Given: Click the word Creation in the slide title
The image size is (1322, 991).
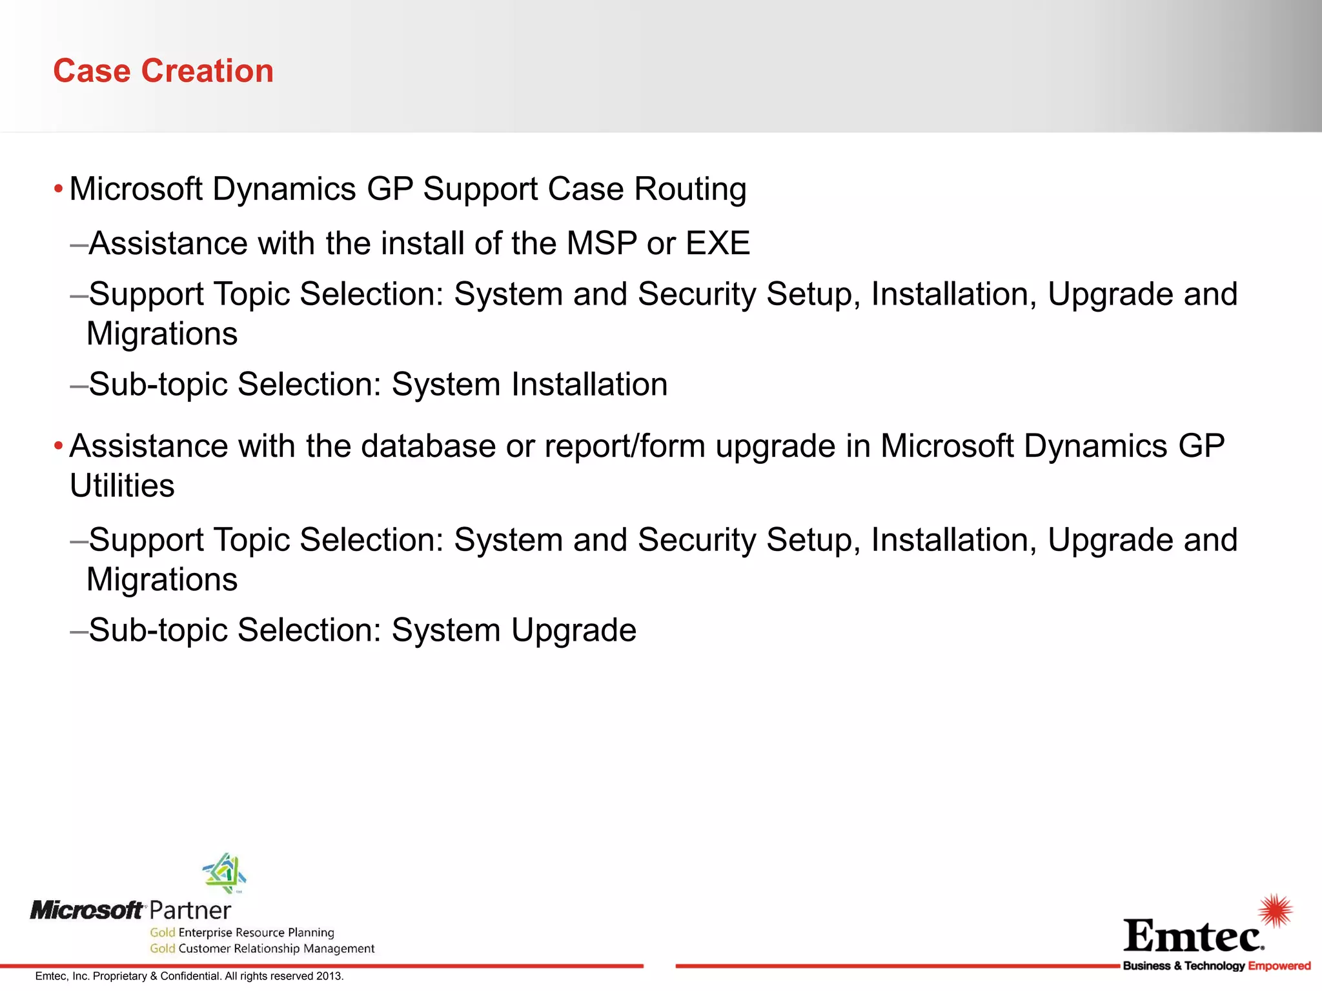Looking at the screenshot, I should click(x=207, y=71).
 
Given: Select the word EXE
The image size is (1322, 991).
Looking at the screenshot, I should click(x=717, y=244).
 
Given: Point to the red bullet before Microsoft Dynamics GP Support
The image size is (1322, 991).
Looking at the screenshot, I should click(x=58, y=190).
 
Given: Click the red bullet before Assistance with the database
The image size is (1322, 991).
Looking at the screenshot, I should click(x=58, y=446).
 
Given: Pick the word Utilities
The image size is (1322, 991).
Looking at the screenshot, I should click(x=122, y=486).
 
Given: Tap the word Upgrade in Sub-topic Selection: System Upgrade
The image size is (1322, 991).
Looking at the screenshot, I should click(x=573, y=630).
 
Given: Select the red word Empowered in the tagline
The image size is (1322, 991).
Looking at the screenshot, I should click(x=1279, y=966).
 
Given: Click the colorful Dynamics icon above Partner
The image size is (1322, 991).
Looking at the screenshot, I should click(x=225, y=872).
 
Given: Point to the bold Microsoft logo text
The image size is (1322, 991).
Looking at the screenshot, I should click(x=86, y=910).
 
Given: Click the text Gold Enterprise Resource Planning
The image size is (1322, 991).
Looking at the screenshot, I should click(x=242, y=932).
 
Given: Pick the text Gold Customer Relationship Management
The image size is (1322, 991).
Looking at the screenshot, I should click(x=262, y=948).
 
